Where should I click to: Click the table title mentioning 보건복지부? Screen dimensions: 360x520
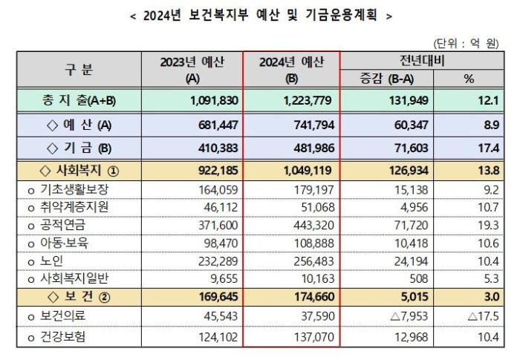click(x=261, y=15)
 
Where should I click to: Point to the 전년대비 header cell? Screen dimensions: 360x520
click(x=421, y=61)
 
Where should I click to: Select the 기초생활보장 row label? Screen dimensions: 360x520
click(x=69, y=189)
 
